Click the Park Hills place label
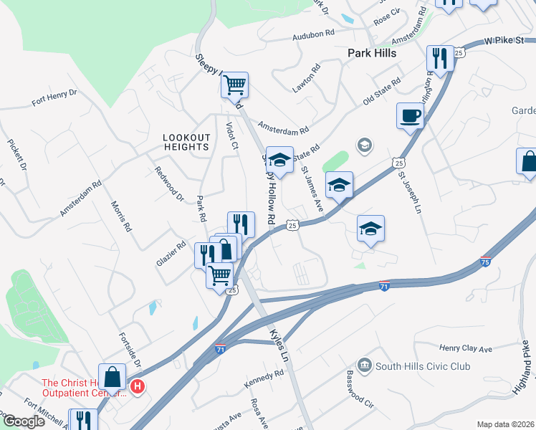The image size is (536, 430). (372, 53)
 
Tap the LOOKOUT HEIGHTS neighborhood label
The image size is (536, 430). (186, 142)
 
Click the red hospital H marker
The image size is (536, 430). (138, 388)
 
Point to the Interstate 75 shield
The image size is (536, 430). (485, 262)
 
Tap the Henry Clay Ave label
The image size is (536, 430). (466, 348)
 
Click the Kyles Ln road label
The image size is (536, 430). (279, 345)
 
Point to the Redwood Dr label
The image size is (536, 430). (169, 183)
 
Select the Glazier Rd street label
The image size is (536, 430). (171, 253)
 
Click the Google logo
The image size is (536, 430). (24, 421)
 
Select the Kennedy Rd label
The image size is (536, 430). (264, 379)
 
